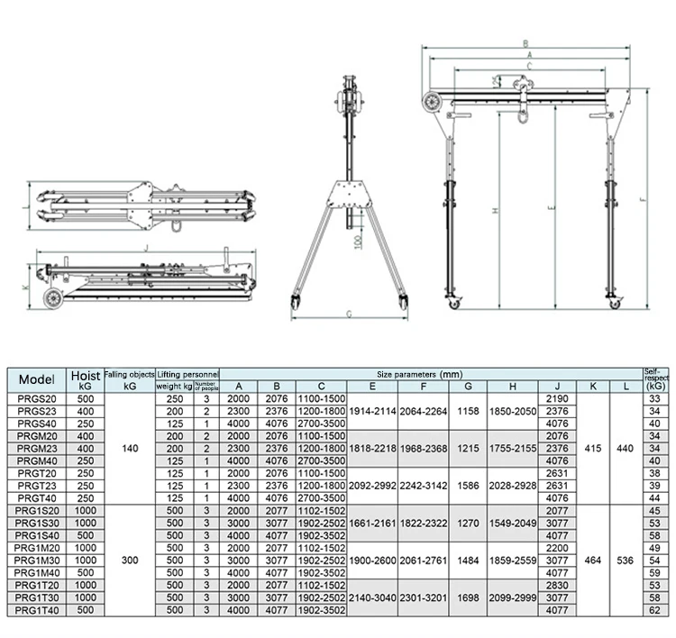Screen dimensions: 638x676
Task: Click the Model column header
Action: tap(36, 379)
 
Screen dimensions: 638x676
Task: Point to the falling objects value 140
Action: tap(130, 448)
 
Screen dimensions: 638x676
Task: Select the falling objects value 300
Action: tap(130, 560)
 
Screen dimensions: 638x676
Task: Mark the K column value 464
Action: tap(592, 560)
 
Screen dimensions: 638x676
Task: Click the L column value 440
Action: tap(625, 448)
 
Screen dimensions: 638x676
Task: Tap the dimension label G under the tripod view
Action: tap(347, 314)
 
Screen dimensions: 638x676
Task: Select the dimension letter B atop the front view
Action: tap(525, 42)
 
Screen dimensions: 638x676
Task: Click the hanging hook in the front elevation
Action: tap(522, 112)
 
